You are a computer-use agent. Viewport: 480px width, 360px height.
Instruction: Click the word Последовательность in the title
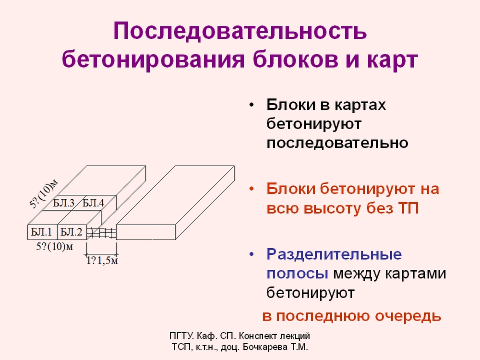(240, 31)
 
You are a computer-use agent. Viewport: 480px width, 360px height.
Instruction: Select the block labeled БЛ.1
(42, 232)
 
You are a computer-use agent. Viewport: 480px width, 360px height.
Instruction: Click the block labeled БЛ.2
(72, 232)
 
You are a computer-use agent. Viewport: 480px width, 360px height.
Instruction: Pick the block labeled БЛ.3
(64, 203)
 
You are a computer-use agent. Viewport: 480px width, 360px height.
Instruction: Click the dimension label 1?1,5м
(102, 261)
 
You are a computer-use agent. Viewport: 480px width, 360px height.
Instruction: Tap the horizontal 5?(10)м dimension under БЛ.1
(55, 246)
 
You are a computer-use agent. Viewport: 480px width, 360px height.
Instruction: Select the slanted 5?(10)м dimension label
(44, 194)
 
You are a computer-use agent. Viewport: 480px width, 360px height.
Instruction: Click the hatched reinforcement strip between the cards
(101, 233)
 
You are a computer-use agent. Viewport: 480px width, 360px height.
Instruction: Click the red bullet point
(252, 189)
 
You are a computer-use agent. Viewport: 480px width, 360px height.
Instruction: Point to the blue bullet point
(252, 254)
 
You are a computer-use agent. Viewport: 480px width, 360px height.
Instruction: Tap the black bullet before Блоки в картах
(252, 105)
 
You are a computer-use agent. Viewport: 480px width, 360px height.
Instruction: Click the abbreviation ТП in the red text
(408, 208)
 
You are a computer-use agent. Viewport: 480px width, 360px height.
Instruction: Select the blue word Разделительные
(334, 254)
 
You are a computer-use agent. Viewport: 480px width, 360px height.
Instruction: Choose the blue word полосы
(297, 274)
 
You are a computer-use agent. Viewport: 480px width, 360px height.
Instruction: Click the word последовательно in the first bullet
(337, 143)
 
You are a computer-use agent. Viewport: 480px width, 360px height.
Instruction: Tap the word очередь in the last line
(408, 316)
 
